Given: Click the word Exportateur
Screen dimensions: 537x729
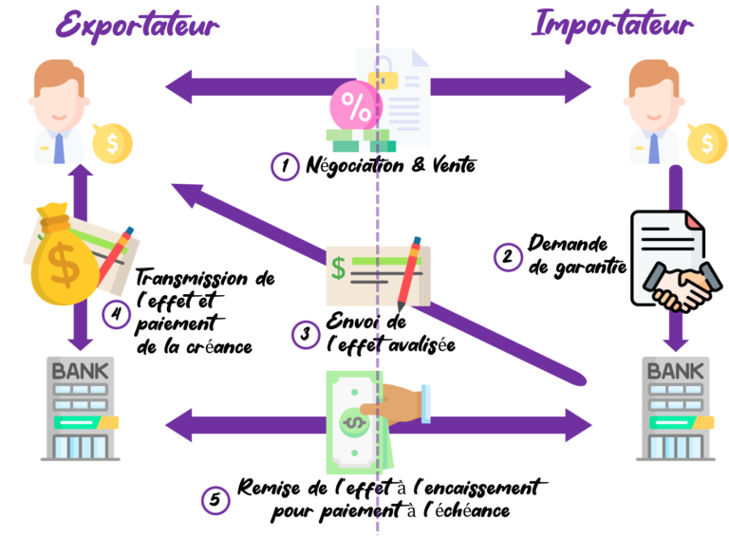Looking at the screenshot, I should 138,26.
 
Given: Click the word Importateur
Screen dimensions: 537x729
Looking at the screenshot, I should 611,26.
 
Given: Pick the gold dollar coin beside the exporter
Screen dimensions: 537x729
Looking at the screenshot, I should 112,144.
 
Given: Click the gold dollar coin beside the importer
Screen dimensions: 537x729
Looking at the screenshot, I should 706,144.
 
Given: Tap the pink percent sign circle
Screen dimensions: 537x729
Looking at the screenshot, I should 356,107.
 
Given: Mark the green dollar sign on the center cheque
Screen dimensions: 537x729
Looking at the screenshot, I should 339,268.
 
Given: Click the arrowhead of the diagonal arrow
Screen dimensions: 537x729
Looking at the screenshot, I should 185,194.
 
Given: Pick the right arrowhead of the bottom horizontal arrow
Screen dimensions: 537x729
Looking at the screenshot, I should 576,424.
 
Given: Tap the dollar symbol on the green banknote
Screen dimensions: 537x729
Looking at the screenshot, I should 353,421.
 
